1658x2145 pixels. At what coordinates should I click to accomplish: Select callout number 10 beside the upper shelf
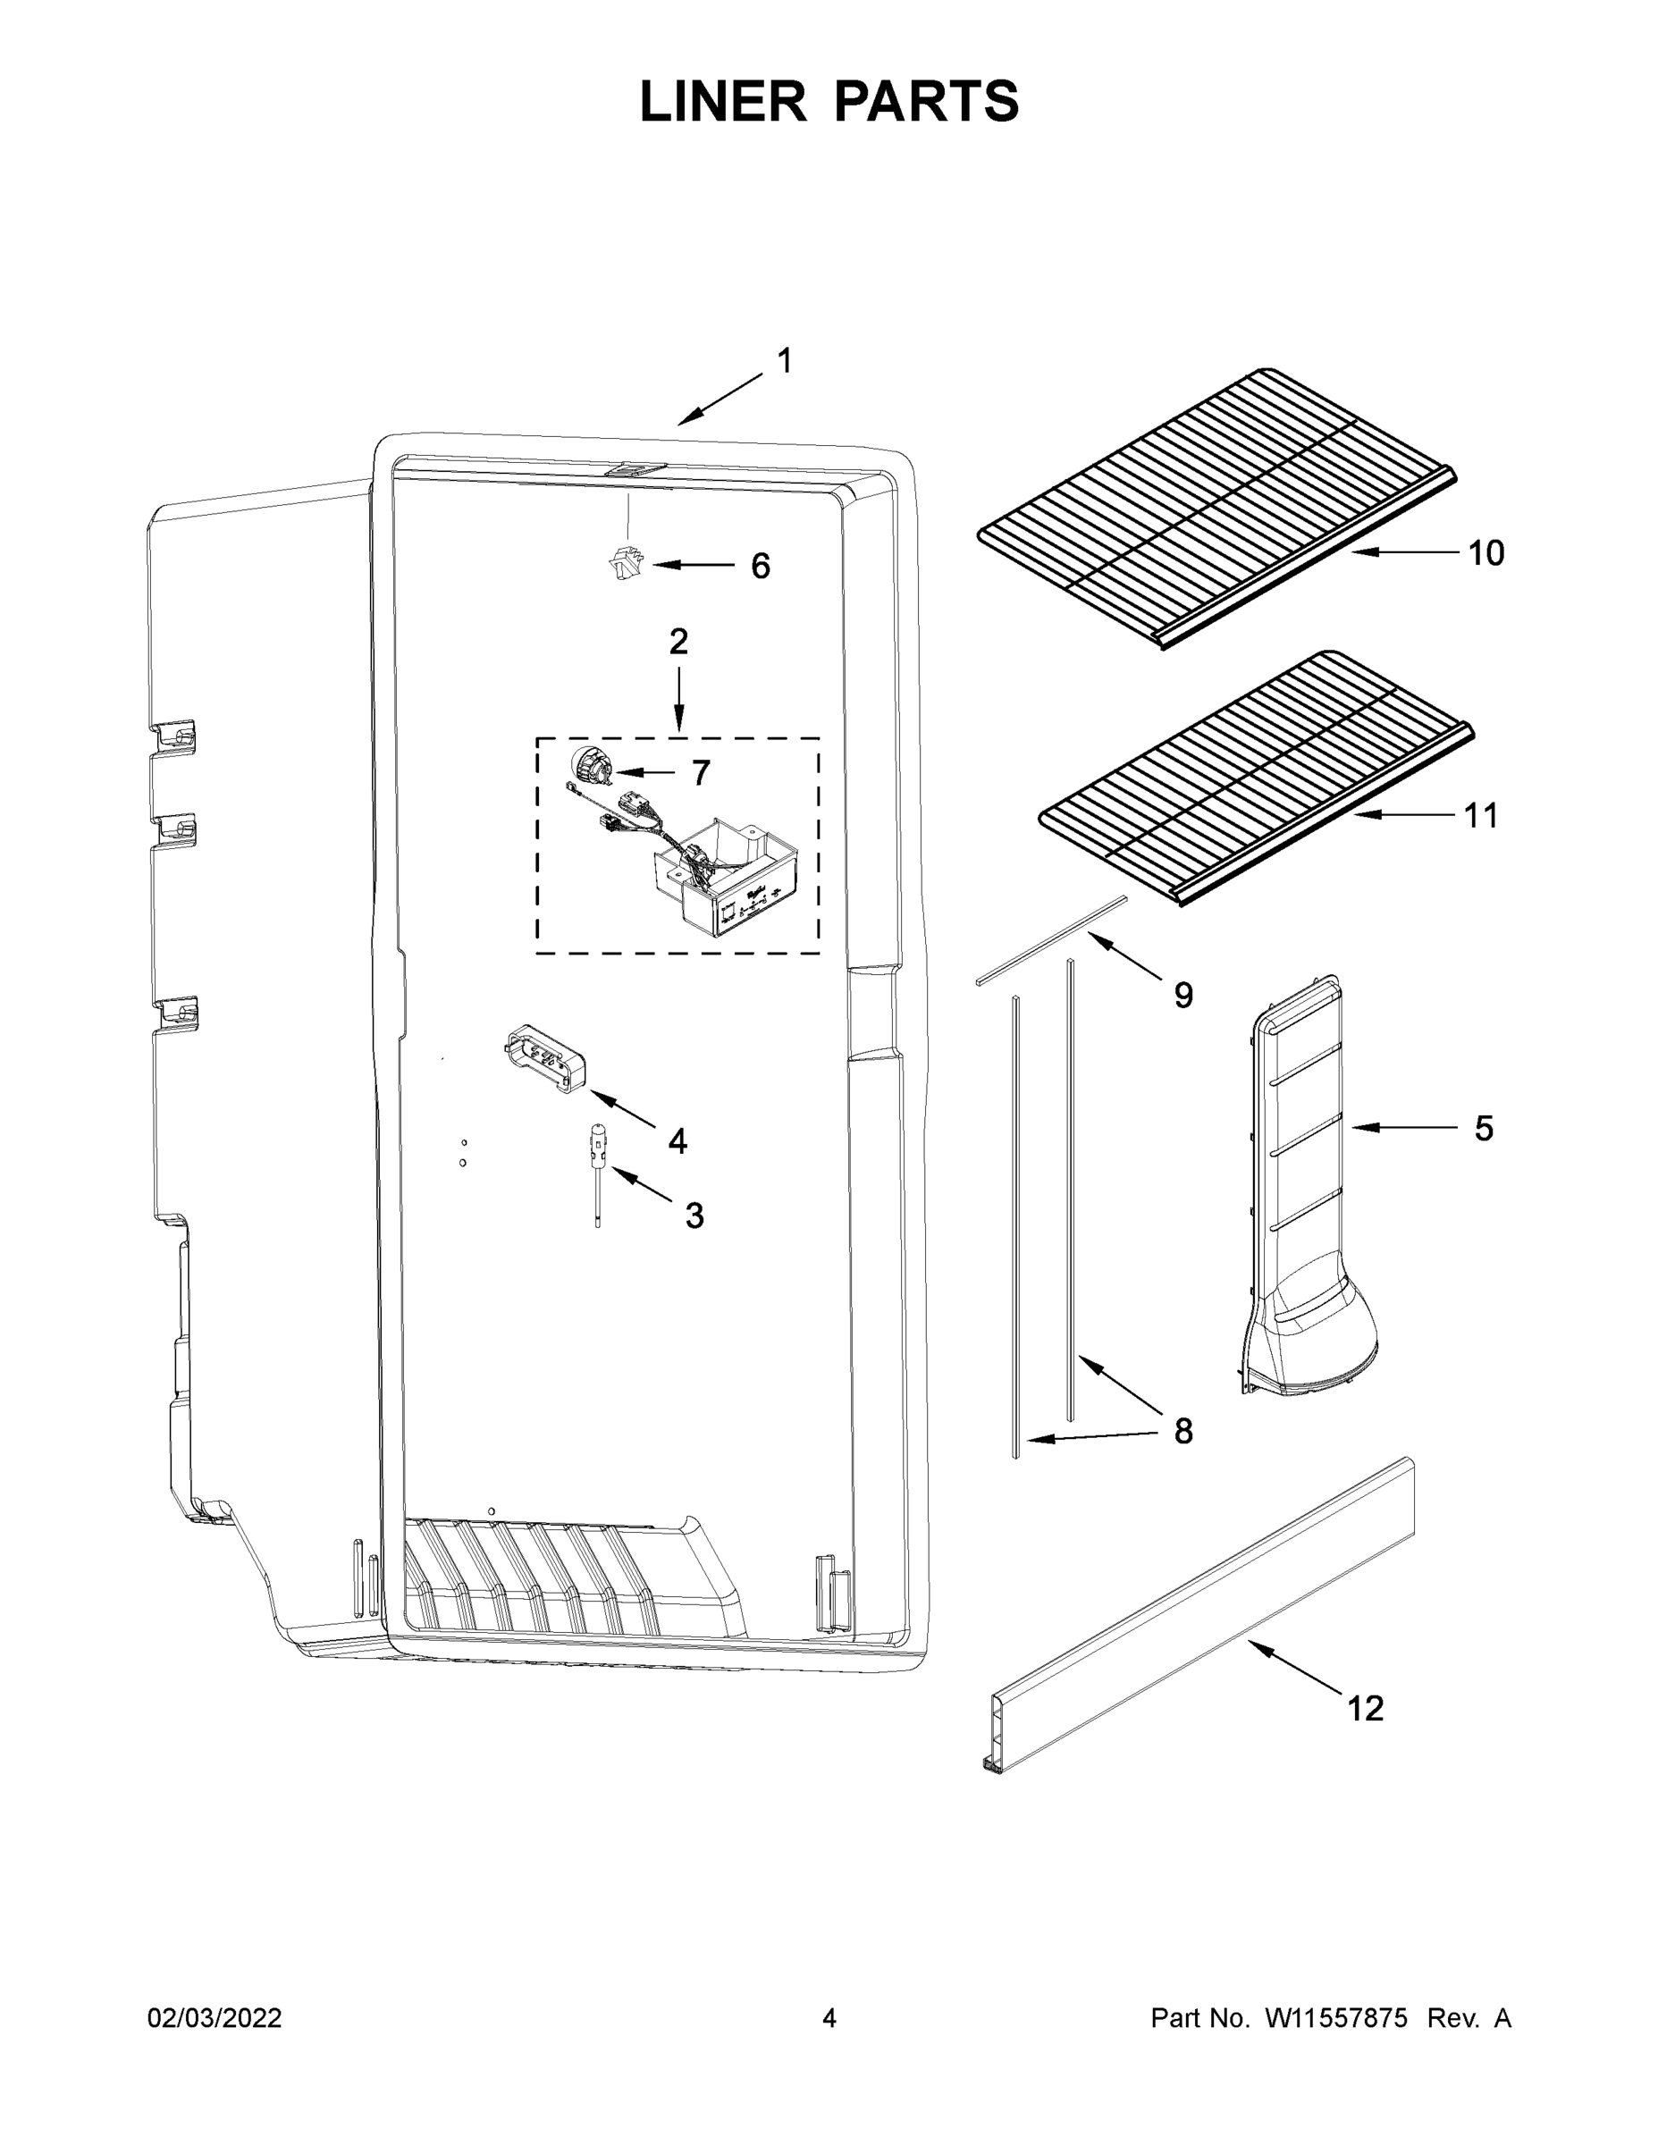1486,554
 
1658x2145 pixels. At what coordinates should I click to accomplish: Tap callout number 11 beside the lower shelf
1481,815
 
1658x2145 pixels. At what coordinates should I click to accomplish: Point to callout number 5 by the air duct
1483,1129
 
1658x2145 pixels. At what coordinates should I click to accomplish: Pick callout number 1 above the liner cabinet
784,361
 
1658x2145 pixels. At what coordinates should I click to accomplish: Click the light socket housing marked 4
545,1059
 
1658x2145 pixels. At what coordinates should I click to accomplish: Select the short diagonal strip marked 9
1051,938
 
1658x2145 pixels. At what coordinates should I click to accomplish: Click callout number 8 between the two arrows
1183,1431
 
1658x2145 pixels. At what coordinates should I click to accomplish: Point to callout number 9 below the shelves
1183,996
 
